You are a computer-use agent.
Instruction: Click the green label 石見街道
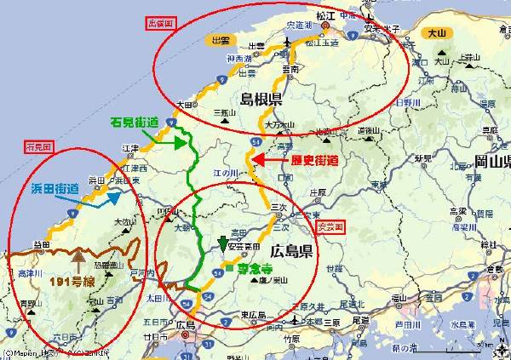pos(135,122)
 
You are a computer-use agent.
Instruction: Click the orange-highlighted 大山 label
pos(435,33)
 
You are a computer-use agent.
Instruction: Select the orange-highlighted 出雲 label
pos(221,40)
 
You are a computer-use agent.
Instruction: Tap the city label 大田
pos(184,105)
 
